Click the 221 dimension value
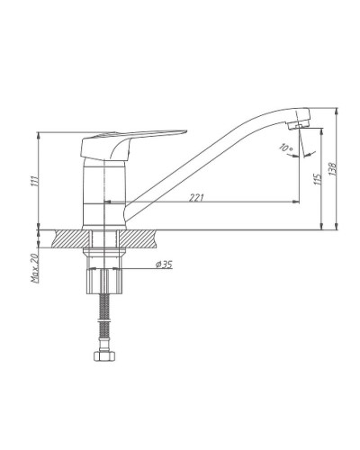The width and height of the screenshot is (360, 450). pyautogui.click(x=196, y=198)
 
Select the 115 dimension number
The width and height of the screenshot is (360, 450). pyautogui.click(x=318, y=179)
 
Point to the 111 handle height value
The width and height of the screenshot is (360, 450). pyautogui.click(x=35, y=181)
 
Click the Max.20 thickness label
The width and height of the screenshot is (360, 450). pyautogui.click(x=35, y=268)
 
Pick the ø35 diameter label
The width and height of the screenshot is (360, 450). pyautogui.click(x=164, y=265)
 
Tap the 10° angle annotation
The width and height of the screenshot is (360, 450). pyautogui.click(x=285, y=148)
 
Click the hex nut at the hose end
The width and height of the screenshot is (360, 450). pyautogui.click(x=104, y=356)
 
